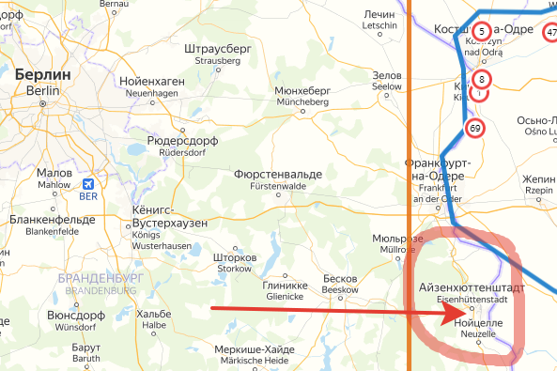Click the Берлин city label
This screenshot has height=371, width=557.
pos(43,74)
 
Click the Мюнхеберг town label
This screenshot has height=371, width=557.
pos(302,91)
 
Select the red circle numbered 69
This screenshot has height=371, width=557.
pos(474,128)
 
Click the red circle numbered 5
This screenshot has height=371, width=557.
pos(482,32)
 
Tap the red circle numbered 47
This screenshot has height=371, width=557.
pos(550,33)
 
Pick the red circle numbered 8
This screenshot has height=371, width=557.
pos(481,79)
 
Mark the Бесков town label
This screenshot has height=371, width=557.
pos(340,280)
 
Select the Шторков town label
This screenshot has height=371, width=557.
pos(235,257)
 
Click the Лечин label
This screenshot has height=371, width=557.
pos(379,16)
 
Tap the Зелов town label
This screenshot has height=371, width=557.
pos(388,75)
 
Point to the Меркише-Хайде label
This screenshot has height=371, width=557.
pos(254,350)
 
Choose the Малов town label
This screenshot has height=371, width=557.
pos(54,174)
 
